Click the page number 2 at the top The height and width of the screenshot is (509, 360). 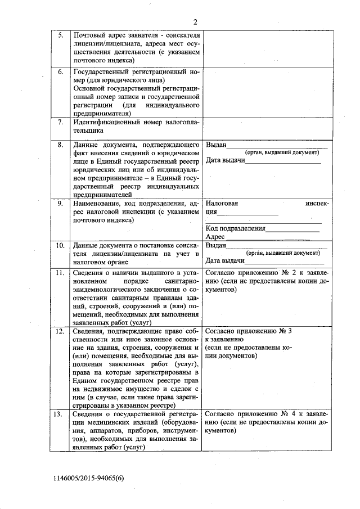point(195,22)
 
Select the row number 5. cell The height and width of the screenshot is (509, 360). point(61,35)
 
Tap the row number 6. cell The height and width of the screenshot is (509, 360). point(61,72)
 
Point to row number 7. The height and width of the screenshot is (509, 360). point(61,122)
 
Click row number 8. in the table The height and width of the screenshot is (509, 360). point(61,145)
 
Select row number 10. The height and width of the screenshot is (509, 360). point(60,246)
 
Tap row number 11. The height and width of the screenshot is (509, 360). point(60,273)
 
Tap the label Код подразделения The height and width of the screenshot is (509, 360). point(235,228)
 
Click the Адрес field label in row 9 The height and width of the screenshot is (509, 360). point(215,237)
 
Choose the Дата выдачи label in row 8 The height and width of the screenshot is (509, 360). point(225,161)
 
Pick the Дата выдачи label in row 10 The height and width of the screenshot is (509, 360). point(225,261)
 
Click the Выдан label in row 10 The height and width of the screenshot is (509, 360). point(215,246)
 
